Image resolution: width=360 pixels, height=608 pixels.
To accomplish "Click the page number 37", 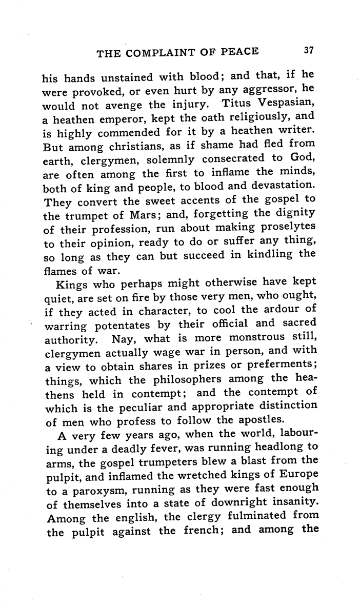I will pyautogui.click(x=308, y=50).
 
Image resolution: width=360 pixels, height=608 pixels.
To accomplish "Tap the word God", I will pyautogui.click(x=303, y=158).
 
